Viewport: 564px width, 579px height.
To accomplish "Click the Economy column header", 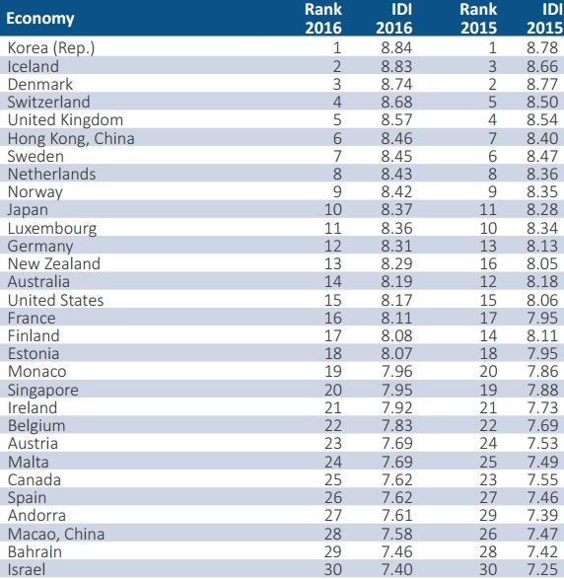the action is (40, 19).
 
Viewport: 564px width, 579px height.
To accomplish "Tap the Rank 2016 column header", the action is (323, 19).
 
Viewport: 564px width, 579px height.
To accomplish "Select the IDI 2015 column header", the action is (545, 19).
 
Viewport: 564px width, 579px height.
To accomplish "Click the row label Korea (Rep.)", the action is (51, 48).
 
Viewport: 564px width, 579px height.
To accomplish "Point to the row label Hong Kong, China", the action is (71, 138).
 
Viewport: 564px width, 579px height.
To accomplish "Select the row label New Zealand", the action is (54, 263).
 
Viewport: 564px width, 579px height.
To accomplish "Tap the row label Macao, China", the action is (56, 534).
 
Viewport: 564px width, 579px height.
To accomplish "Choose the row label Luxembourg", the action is (52, 228).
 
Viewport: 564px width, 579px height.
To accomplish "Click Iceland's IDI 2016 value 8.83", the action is (396, 66).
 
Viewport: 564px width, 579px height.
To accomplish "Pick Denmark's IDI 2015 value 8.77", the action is (542, 84).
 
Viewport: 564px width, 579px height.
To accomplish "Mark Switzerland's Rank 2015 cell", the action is (492, 102).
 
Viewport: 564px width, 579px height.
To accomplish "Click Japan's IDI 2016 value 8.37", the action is (396, 209).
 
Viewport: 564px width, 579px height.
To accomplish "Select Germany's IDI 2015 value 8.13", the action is (542, 246).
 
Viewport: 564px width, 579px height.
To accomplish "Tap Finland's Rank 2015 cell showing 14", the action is (488, 335).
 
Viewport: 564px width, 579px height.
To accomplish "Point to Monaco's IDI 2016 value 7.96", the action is (396, 371).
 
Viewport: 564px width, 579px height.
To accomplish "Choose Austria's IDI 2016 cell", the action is (396, 443).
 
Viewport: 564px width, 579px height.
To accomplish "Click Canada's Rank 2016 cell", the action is (333, 479).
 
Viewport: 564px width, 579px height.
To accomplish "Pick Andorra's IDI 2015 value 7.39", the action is (542, 515).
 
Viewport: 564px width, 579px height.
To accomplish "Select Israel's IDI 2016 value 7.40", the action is (396, 569).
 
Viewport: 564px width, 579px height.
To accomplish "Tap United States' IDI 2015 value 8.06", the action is (542, 300).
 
